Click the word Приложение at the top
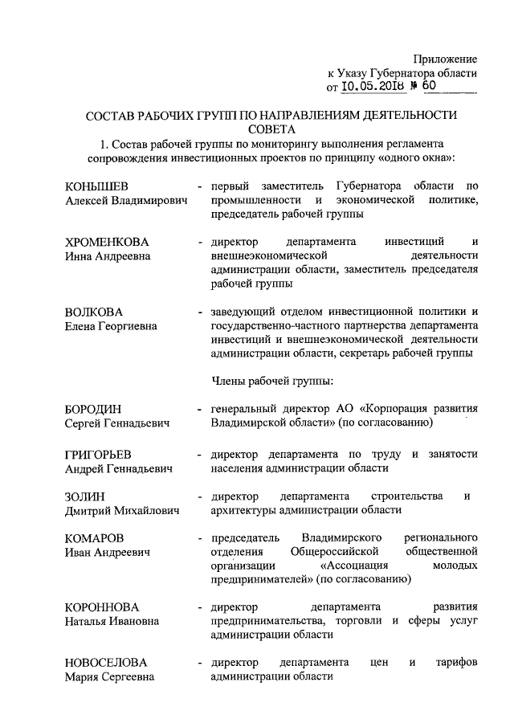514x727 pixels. click(x=446, y=59)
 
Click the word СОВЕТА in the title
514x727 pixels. click(x=271, y=129)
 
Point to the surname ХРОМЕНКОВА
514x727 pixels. click(x=107, y=242)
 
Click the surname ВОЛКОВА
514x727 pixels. click(x=92, y=311)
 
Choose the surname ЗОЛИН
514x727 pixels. click(x=85, y=496)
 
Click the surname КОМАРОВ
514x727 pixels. click(x=95, y=537)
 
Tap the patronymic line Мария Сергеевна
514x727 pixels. click(x=108, y=677)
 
